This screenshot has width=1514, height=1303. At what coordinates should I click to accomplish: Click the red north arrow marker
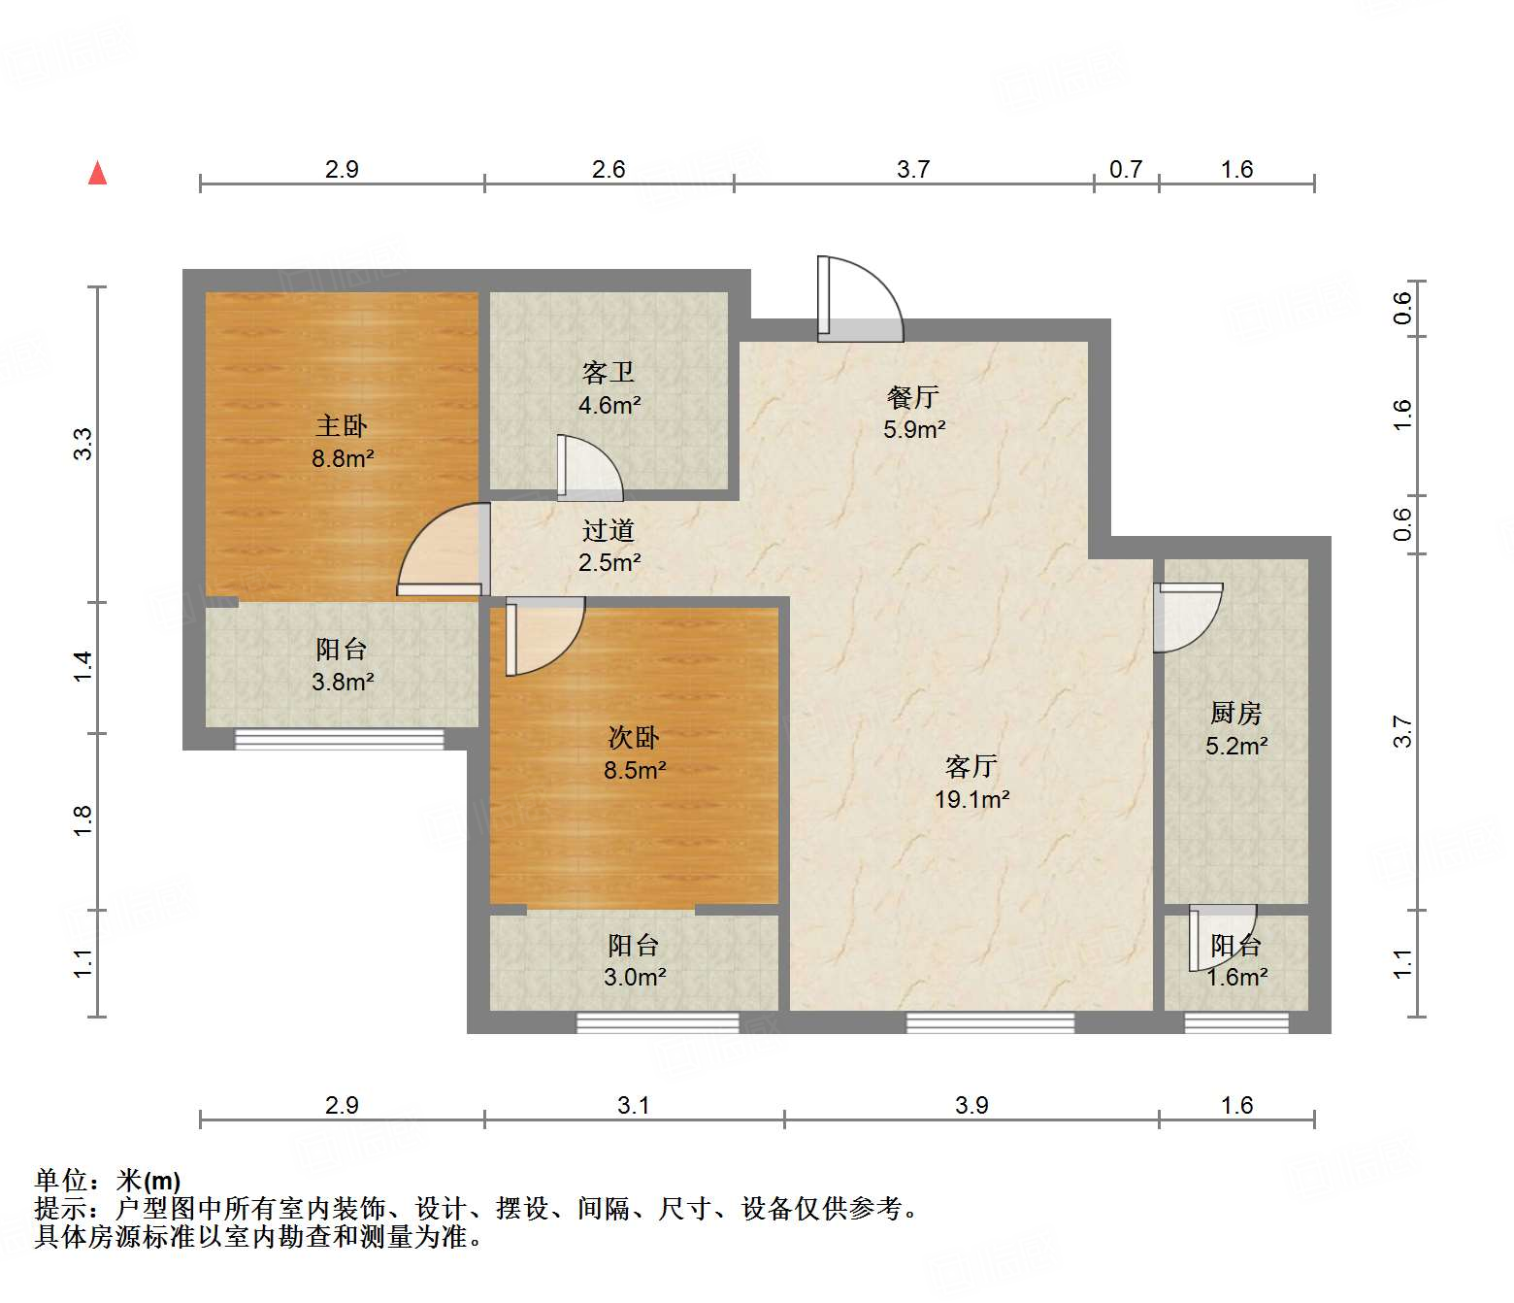point(97,174)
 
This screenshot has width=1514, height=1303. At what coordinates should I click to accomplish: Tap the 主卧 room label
point(342,426)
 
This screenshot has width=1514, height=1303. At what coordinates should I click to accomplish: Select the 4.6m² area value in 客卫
point(609,405)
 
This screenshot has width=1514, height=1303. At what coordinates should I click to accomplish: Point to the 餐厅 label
point(912,397)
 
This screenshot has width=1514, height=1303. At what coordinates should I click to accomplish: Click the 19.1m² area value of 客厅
point(971,799)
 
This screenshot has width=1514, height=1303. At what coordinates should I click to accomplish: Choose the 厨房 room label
point(1236,713)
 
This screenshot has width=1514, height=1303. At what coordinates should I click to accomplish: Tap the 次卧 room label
point(634,737)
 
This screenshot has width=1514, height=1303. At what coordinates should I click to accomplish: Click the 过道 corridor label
point(608,530)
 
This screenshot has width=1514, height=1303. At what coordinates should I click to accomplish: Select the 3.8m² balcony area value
point(343,682)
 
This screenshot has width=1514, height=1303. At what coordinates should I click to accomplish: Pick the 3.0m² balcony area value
point(635,977)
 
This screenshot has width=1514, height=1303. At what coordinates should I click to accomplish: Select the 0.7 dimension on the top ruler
point(1126,169)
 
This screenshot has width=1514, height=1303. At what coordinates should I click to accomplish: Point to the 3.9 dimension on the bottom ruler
point(971,1105)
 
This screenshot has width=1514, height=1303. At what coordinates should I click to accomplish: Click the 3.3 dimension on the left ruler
point(82,444)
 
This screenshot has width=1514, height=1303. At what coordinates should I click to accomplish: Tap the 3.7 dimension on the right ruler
point(1402,731)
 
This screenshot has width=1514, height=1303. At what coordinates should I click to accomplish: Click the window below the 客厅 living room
point(990,1022)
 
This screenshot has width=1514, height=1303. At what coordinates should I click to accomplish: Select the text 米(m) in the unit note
point(148,1181)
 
